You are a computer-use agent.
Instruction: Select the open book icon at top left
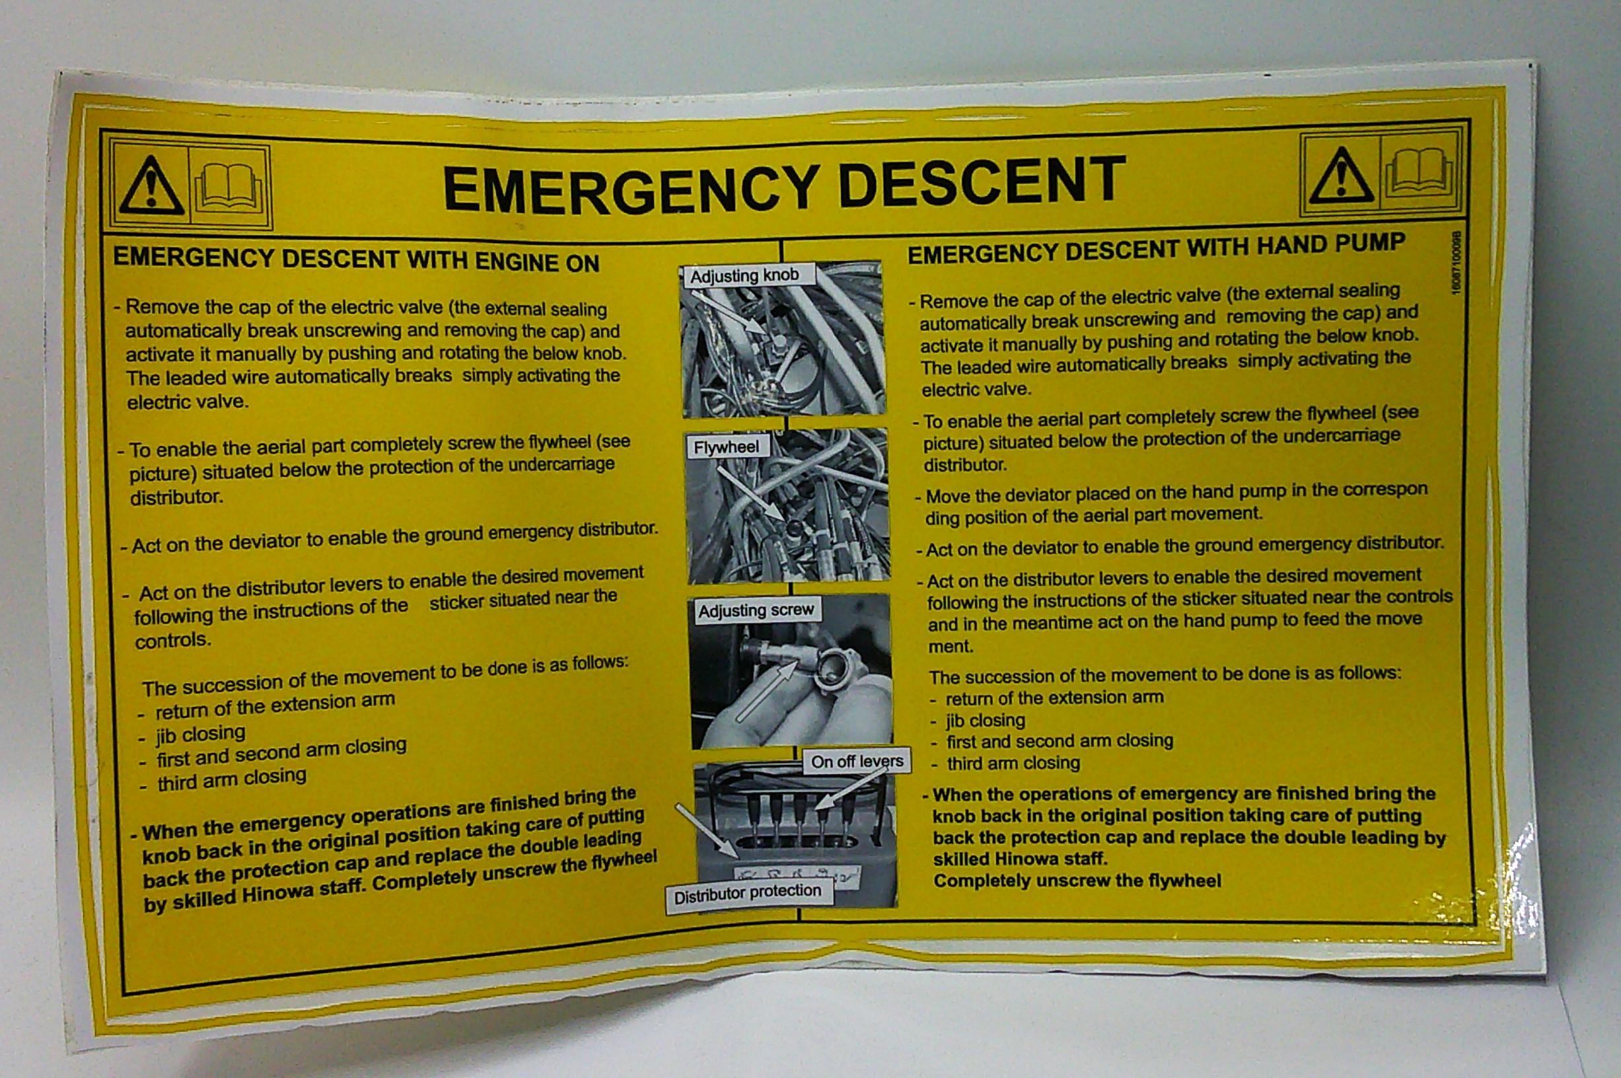[229, 188]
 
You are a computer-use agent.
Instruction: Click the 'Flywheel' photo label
[727, 447]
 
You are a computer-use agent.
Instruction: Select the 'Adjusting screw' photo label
[756, 610]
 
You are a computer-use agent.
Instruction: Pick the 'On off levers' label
[857, 761]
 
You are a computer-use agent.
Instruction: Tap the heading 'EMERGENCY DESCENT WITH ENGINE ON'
[356, 260]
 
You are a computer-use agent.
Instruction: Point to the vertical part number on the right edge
[1455, 263]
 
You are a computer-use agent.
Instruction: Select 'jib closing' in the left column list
[200, 734]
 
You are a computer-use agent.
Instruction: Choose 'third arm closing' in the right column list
[1013, 763]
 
